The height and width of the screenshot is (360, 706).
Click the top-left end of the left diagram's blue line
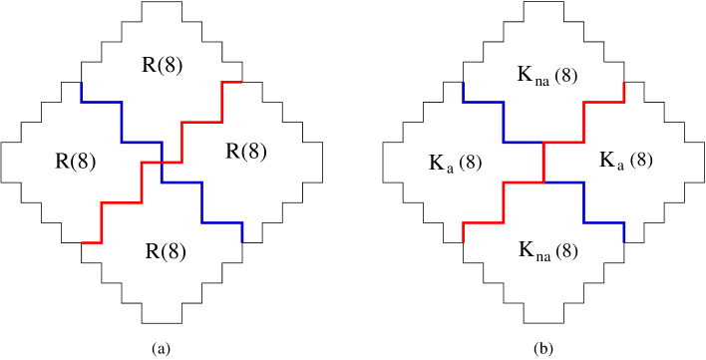[82, 84]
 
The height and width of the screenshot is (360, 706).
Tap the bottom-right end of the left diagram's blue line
[242, 240]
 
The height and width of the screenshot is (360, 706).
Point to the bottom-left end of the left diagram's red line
[83, 242]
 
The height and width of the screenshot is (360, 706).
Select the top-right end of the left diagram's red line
[240, 82]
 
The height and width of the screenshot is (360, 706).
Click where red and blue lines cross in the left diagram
[162, 162]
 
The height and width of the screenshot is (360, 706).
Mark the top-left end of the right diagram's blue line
[463, 84]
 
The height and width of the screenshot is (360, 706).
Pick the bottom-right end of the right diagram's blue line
[623, 240]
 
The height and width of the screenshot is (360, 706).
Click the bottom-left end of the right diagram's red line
[463, 240]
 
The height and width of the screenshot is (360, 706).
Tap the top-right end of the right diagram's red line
[623, 84]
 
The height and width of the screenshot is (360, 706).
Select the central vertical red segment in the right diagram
[543, 163]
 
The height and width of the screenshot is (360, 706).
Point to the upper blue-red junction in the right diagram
[543, 143]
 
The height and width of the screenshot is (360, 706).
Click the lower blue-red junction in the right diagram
[543, 182]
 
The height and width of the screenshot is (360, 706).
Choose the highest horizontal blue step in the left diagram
[102, 102]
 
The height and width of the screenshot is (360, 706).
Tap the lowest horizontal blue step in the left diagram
[222, 222]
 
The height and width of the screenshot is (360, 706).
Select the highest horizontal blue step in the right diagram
[484, 102]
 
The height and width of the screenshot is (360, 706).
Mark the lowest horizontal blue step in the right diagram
[603, 222]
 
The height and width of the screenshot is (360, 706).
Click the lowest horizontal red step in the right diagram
[484, 222]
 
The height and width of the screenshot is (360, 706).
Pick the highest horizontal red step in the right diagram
[603, 102]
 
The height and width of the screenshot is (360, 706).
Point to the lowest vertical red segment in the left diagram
[102, 222]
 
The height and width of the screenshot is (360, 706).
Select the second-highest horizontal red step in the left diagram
[201, 122]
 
